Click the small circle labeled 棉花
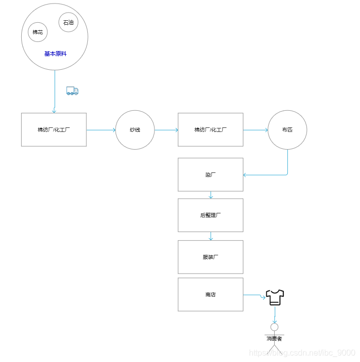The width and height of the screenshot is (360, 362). pos(38,32)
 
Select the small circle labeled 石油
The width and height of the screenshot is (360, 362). pos(68,22)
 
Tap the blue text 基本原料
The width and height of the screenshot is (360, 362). pos(55,54)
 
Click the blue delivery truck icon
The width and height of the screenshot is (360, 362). pos(72,91)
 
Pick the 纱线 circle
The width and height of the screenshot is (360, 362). pos(135,130)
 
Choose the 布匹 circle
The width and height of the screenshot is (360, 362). pos(287,130)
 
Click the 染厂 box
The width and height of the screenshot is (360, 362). pos(211,174)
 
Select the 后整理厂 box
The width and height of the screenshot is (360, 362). pos(211,215)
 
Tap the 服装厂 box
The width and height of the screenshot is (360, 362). pos(211,257)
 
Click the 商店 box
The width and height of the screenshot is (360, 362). pos(211,294)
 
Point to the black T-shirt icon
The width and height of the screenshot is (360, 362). pos(275,297)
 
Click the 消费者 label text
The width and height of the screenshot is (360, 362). pos(274,338)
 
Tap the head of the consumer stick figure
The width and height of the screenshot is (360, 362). pos(274,327)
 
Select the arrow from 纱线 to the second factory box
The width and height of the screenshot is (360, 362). pos(166,130)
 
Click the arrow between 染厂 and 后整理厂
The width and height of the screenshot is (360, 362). pos(211,195)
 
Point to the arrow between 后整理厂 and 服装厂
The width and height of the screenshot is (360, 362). pos(211,236)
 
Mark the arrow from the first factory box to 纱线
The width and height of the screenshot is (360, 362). pos(101,130)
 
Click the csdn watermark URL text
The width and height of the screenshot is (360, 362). pos(303,353)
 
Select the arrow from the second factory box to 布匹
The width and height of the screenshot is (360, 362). pos(255,130)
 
